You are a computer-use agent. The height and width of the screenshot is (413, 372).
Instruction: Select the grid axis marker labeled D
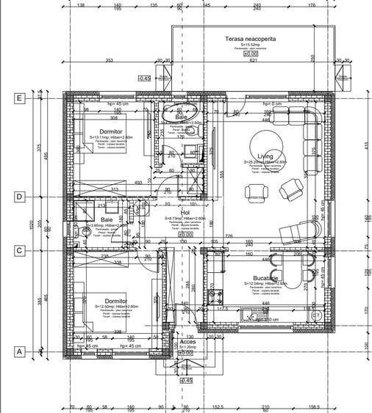[x=20, y=197]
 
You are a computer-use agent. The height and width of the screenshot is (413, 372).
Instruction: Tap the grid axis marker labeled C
[x=20, y=250]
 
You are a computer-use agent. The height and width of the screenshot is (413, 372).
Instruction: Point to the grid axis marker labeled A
[x=20, y=351]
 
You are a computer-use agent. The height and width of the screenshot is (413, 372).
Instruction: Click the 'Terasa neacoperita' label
[x=251, y=37]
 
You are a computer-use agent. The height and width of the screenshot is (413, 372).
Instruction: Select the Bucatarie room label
[x=263, y=278]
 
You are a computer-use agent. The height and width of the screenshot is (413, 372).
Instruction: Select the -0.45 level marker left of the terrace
[x=144, y=77]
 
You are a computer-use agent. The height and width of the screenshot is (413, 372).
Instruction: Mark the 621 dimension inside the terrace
[x=253, y=60]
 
